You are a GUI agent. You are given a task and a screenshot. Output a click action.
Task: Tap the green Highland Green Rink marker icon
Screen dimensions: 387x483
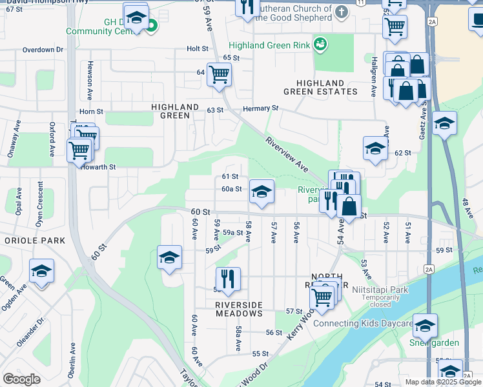click(319, 44)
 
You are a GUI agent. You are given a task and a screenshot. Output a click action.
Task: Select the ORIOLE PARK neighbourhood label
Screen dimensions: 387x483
click(35, 241)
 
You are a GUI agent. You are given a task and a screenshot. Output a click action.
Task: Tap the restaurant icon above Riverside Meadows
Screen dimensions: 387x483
click(228, 279)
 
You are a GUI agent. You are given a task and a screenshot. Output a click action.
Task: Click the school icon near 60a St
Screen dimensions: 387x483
click(262, 192)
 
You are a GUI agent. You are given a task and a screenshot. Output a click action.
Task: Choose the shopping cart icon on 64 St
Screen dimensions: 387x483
click(219, 74)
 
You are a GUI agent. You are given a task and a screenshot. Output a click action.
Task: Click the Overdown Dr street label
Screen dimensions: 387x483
click(43, 50)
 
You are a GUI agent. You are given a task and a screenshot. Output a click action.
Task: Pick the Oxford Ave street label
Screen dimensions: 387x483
click(51, 141)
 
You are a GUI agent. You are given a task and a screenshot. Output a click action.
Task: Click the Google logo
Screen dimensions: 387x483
click(22, 379)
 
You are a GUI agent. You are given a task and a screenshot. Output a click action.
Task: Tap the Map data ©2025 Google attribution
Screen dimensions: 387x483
click(444, 382)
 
